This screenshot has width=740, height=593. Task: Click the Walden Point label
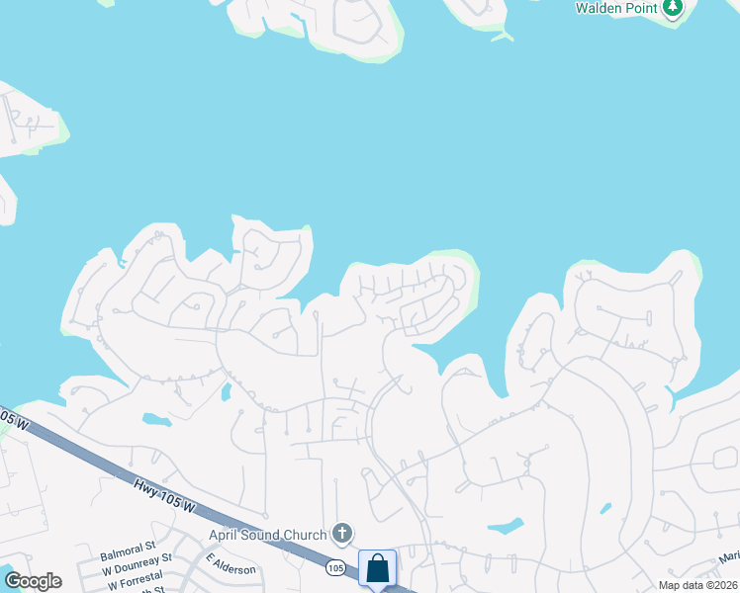click(617, 8)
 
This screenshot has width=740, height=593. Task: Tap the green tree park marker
click(673, 8)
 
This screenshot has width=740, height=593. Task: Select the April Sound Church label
click(267, 536)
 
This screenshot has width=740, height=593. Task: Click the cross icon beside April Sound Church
click(342, 535)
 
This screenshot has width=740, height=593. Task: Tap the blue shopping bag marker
click(377, 569)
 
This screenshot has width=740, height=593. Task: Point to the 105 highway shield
click(335, 568)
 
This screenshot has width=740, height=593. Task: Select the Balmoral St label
click(129, 546)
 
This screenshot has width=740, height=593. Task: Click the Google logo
click(33, 581)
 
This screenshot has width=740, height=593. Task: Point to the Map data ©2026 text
click(696, 585)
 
